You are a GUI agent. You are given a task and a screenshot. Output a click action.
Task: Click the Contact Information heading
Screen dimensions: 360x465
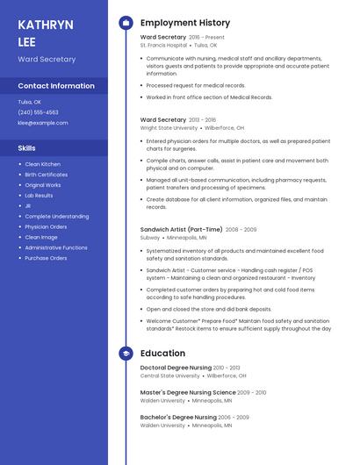coord(56,86)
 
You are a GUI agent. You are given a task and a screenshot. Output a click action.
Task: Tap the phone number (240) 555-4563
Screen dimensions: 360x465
coord(39,112)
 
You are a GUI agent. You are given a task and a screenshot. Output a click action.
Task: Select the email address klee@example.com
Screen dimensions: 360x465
coord(43,123)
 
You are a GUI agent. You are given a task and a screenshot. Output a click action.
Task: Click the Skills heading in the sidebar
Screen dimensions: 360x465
coord(27,148)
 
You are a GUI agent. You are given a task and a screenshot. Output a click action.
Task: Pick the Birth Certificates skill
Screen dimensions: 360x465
coord(46,175)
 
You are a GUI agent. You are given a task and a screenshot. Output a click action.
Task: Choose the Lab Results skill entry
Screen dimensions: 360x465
coord(39,196)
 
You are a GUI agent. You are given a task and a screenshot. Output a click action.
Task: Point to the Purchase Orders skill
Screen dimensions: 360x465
coord(46,258)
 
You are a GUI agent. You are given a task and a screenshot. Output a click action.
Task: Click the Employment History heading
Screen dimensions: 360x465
coord(185,23)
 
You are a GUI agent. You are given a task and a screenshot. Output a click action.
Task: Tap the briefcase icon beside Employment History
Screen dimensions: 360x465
coord(126,23)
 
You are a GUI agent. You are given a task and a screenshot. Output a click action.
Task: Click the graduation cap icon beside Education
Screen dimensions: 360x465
coord(126,354)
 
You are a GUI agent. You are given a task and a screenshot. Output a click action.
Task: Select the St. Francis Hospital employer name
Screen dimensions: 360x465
coord(164,45)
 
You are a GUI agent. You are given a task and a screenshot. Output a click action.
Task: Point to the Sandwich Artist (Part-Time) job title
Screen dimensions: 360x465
coord(181,229)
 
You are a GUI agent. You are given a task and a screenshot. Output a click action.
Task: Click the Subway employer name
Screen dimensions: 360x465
coord(150,237)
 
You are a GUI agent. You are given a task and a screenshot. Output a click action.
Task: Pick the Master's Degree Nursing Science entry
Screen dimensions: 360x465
coord(188,392)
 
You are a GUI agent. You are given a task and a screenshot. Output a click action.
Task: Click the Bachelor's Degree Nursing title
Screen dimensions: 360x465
coord(178,417)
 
